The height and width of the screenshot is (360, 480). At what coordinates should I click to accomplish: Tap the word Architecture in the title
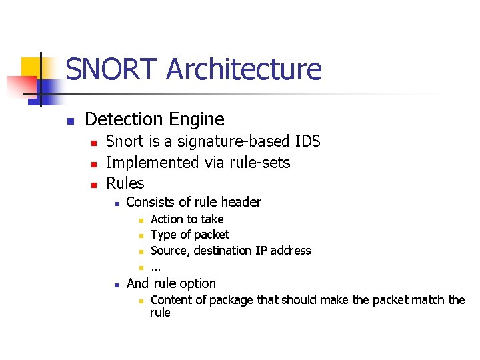point(244,69)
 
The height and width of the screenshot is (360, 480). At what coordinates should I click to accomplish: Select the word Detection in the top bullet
point(123,119)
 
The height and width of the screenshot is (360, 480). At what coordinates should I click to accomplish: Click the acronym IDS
point(307,141)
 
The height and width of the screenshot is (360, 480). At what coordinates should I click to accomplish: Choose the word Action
point(167,219)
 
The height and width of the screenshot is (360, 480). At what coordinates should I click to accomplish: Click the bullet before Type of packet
point(141,236)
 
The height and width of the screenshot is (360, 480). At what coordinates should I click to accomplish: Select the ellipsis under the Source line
point(155,267)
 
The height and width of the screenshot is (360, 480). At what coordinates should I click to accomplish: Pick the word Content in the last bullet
point(171,300)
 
